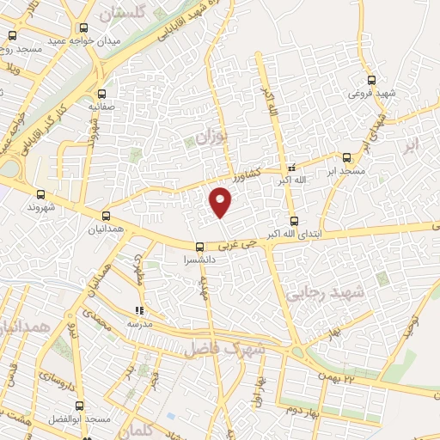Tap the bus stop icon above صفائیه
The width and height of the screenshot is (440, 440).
103,95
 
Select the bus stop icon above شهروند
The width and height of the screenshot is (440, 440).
40,195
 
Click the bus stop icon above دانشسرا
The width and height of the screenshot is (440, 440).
200,247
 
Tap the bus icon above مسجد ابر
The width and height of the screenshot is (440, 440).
347,157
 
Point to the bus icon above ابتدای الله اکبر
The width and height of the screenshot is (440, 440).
293,221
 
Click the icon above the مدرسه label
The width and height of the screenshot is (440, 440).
139,310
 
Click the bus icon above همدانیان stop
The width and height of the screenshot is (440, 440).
107,216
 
